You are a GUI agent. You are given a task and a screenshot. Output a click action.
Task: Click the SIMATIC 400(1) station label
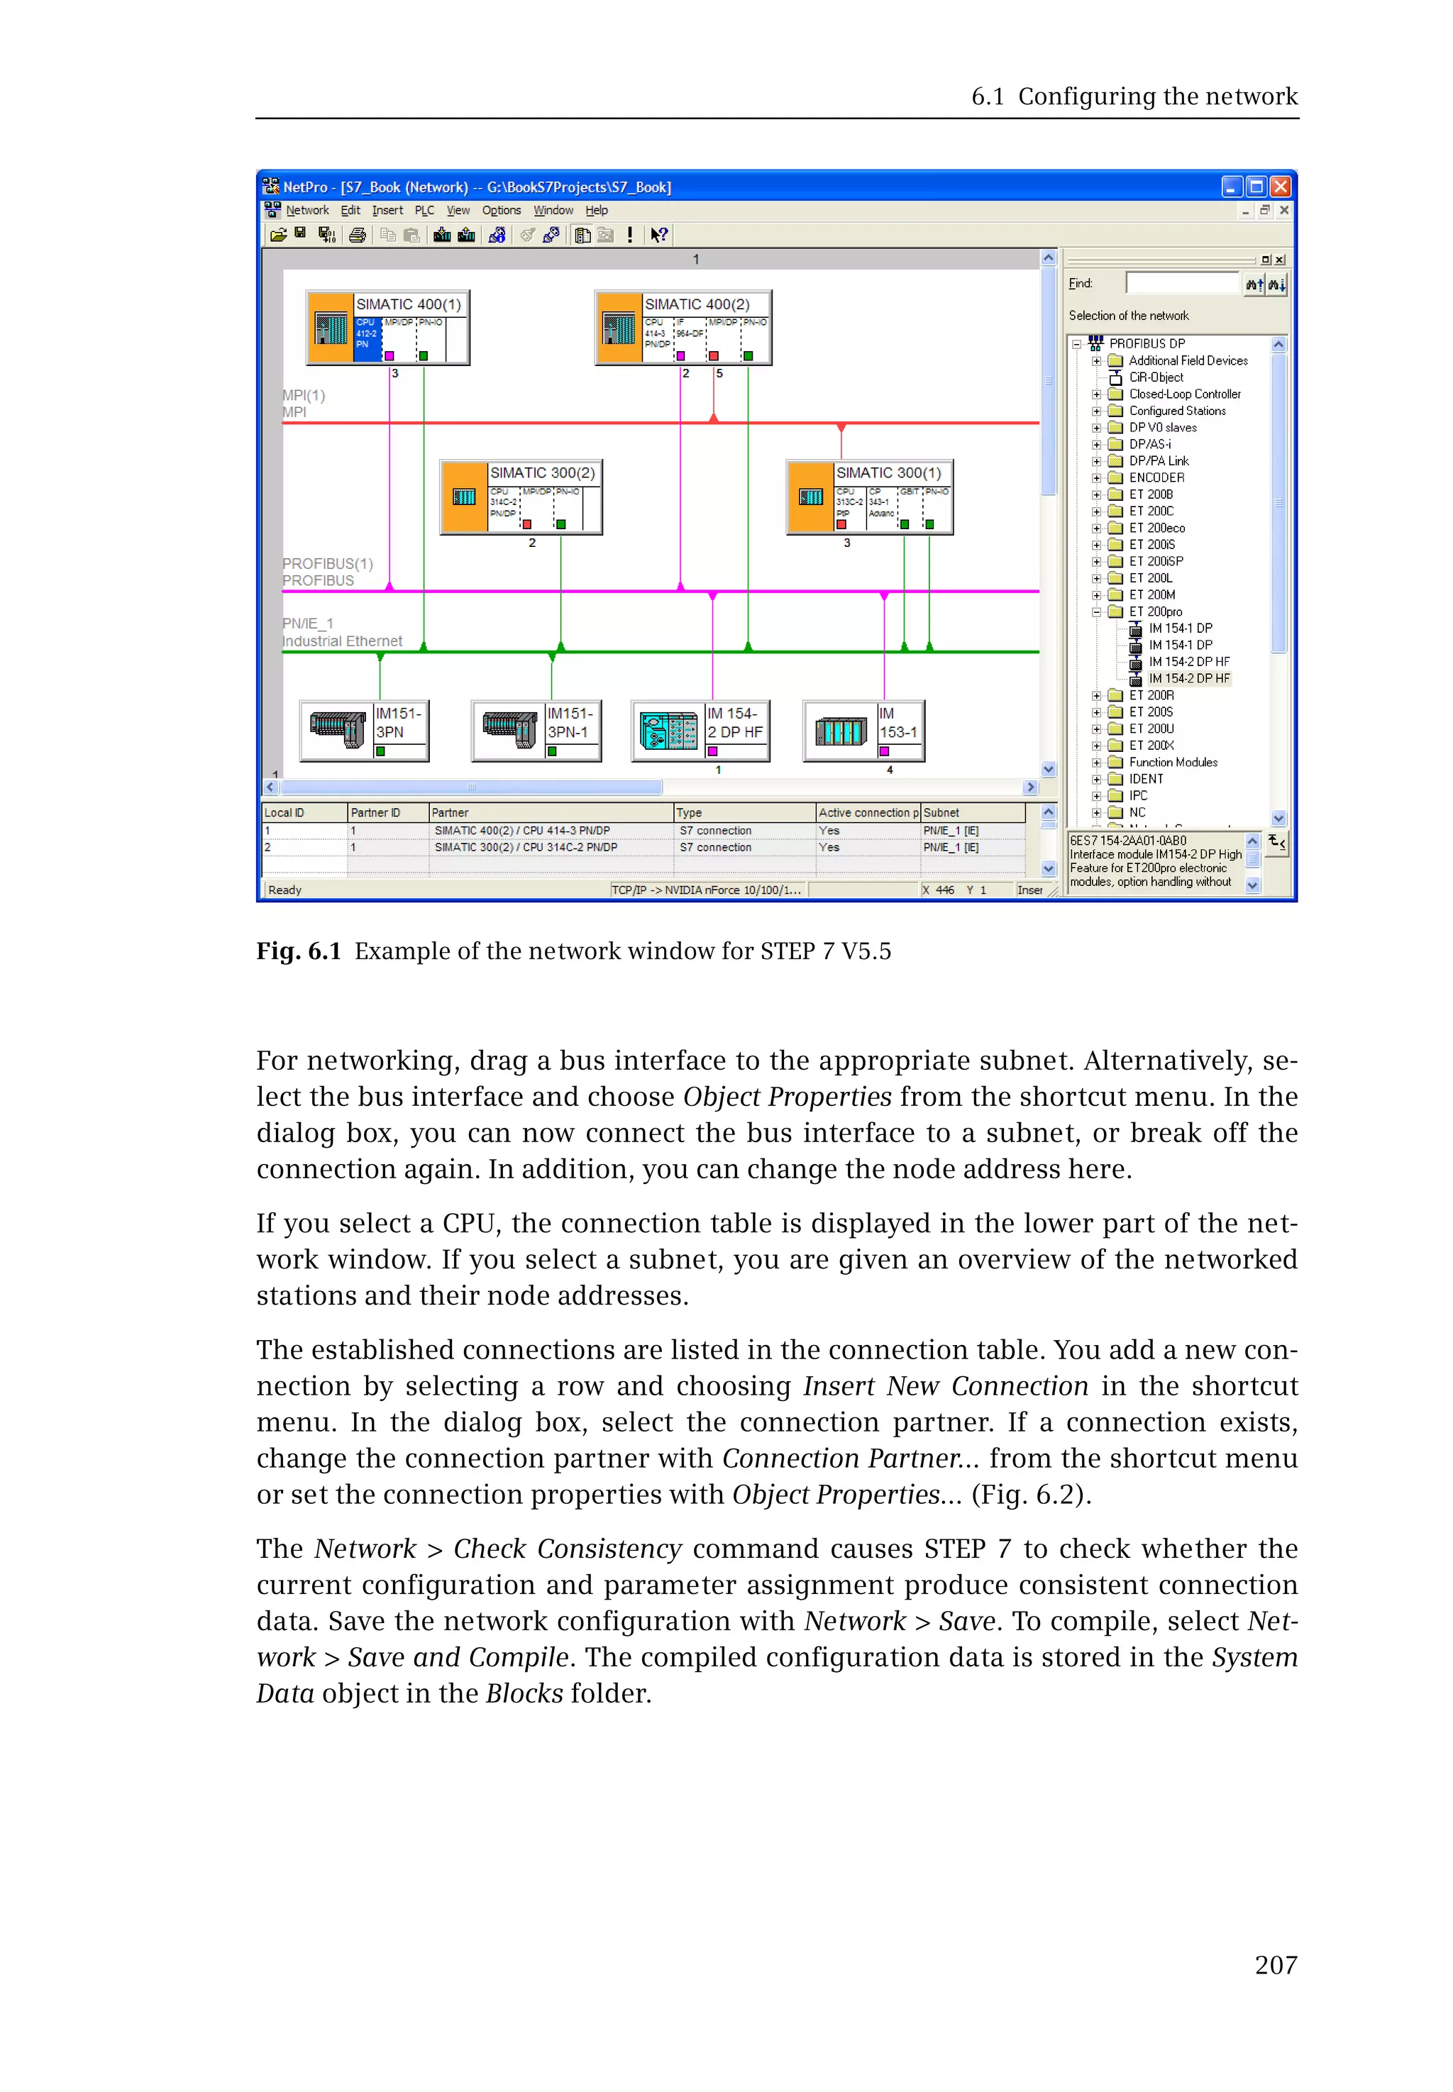click(408, 304)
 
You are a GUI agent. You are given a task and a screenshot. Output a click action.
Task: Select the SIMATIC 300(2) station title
click(542, 472)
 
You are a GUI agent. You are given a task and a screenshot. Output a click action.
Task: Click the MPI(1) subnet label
click(303, 395)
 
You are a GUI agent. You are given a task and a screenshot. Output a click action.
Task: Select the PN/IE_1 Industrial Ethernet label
click(341, 632)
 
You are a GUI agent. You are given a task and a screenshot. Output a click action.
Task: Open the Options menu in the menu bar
click(501, 210)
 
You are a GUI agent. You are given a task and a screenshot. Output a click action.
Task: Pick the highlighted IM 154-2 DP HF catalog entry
click(1188, 678)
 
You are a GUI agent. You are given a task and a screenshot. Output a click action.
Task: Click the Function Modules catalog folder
click(1173, 762)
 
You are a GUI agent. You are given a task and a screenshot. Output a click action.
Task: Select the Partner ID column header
click(375, 812)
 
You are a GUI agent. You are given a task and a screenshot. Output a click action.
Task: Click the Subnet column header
click(941, 812)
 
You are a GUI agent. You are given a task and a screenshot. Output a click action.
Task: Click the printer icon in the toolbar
click(358, 235)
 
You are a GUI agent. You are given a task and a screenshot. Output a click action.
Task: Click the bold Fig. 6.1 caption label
click(299, 951)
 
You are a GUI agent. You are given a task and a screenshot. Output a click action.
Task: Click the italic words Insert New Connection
click(945, 1385)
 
